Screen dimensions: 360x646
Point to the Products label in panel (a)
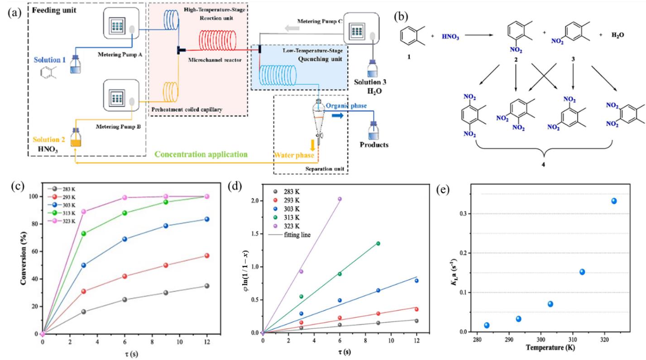374,145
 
